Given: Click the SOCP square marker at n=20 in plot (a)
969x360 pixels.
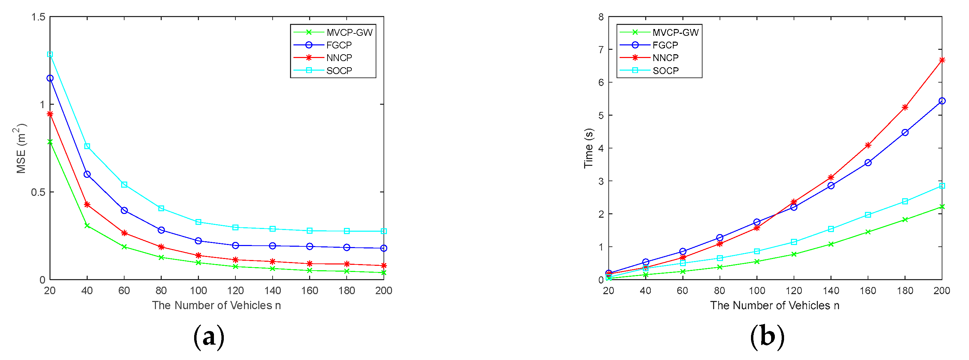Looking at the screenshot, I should [x=50, y=55].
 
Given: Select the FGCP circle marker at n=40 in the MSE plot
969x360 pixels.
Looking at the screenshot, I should [x=87, y=174].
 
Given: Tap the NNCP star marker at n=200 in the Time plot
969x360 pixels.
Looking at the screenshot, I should [x=942, y=60].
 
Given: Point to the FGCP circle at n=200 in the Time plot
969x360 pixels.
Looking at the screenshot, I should [x=942, y=101].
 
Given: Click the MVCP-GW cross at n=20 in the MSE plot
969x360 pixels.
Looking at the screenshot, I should [x=50, y=142].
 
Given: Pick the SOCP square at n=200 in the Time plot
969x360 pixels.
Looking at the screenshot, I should [x=942, y=186].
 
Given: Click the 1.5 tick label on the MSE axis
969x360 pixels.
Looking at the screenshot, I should [x=38, y=17].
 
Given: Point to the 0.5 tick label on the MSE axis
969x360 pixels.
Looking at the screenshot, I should [x=38, y=192].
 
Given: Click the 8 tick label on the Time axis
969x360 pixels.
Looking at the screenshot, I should [x=601, y=17].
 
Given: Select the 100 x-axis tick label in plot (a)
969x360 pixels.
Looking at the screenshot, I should [x=198, y=290].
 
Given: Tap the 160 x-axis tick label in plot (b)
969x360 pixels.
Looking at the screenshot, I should [x=868, y=290].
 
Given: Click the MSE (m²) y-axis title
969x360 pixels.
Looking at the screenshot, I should [x=21, y=148].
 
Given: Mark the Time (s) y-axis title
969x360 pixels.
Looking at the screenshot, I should [x=588, y=148].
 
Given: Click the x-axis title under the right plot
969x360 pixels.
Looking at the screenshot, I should [x=775, y=305].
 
